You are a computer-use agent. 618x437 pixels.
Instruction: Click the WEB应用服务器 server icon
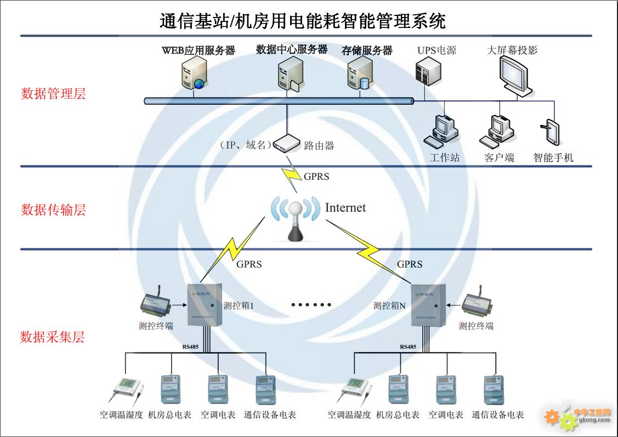pyautogui.click(x=195, y=74)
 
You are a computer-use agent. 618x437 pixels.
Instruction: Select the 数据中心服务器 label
pyautogui.click(x=292, y=49)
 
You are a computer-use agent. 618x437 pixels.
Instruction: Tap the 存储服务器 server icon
pyautogui.click(x=360, y=76)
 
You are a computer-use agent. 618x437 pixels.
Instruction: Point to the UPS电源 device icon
pyautogui.click(x=428, y=71)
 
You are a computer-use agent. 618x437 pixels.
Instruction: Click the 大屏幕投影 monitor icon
pyautogui.click(x=515, y=77)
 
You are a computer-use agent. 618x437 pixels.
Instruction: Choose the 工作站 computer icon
pyautogui.click(x=442, y=132)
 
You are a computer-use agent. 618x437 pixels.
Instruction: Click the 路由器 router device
pyautogui.click(x=287, y=144)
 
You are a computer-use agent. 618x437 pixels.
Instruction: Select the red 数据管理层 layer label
pyautogui.click(x=53, y=94)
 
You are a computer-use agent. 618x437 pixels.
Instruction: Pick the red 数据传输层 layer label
pyautogui.click(x=53, y=210)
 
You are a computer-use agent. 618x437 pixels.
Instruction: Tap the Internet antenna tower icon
pyautogui.click(x=295, y=219)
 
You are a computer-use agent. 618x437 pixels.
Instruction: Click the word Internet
pyautogui.click(x=345, y=208)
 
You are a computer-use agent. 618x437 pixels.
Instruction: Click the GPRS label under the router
pyautogui.click(x=316, y=177)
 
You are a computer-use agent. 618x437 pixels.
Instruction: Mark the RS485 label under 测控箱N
pyautogui.click(x=408, y=347)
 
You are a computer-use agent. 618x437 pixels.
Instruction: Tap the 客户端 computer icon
pyautogui.click(x=498, y=131)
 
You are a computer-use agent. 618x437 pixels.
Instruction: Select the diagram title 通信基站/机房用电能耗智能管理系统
pyautogui.click(x=303, y=21)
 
